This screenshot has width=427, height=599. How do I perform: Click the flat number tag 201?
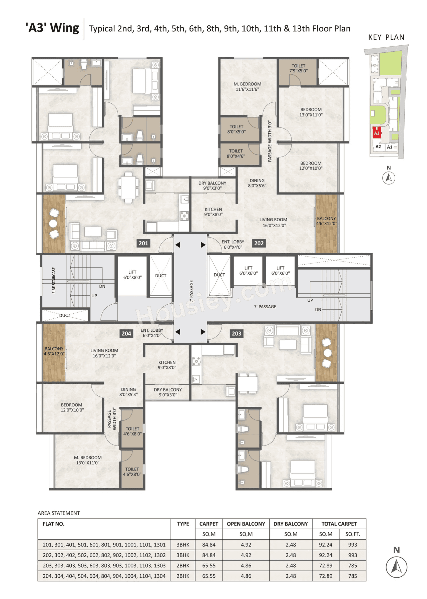pyautogui.click(x=143, y=243)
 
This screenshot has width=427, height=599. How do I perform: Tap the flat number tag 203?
pyautogui.click(x=237, y=333)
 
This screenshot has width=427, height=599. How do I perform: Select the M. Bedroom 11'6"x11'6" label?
pyautogui.click(x=247, y=87)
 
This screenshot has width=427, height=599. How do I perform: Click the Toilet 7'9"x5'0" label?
pyautogui.click(x=298, y=68)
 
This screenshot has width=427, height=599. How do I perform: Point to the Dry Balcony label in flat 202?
pyautogui.click(x=212, y=186)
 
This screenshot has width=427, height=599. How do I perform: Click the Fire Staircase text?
pyautogui.click(x=54, y=280)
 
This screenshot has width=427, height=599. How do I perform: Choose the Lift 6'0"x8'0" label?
pyautogui.click(x=132, y=275)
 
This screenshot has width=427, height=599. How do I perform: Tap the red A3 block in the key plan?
pyautogui.click(x=377, y=133)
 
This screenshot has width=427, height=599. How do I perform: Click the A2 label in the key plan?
pyautogui.click(x=378, y=146)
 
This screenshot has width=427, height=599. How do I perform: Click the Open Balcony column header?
pyautogui.click(x=246, y=524)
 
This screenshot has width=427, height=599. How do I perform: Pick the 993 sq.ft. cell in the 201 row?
pyautogui.click(x=353, y=545)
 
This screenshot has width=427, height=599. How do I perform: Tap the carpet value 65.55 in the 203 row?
pyautogui.click(x=209, y=566)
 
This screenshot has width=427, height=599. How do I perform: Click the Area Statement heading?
pyautogui.click(x=59, y=513)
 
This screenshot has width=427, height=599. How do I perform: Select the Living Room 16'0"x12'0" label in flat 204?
pyautogui.click(x=104, y=353)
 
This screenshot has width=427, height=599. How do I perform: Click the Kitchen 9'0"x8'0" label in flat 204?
pyautogui.click(x=167, y=365)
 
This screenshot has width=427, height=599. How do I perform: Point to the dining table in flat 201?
pyautogui.click(x=128, y=187)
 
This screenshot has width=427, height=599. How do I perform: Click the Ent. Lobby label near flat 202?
pyautogui.click(x=233, y=244)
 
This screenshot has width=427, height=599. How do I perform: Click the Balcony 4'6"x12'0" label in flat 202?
pyautogui.click(x=327, y=221)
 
